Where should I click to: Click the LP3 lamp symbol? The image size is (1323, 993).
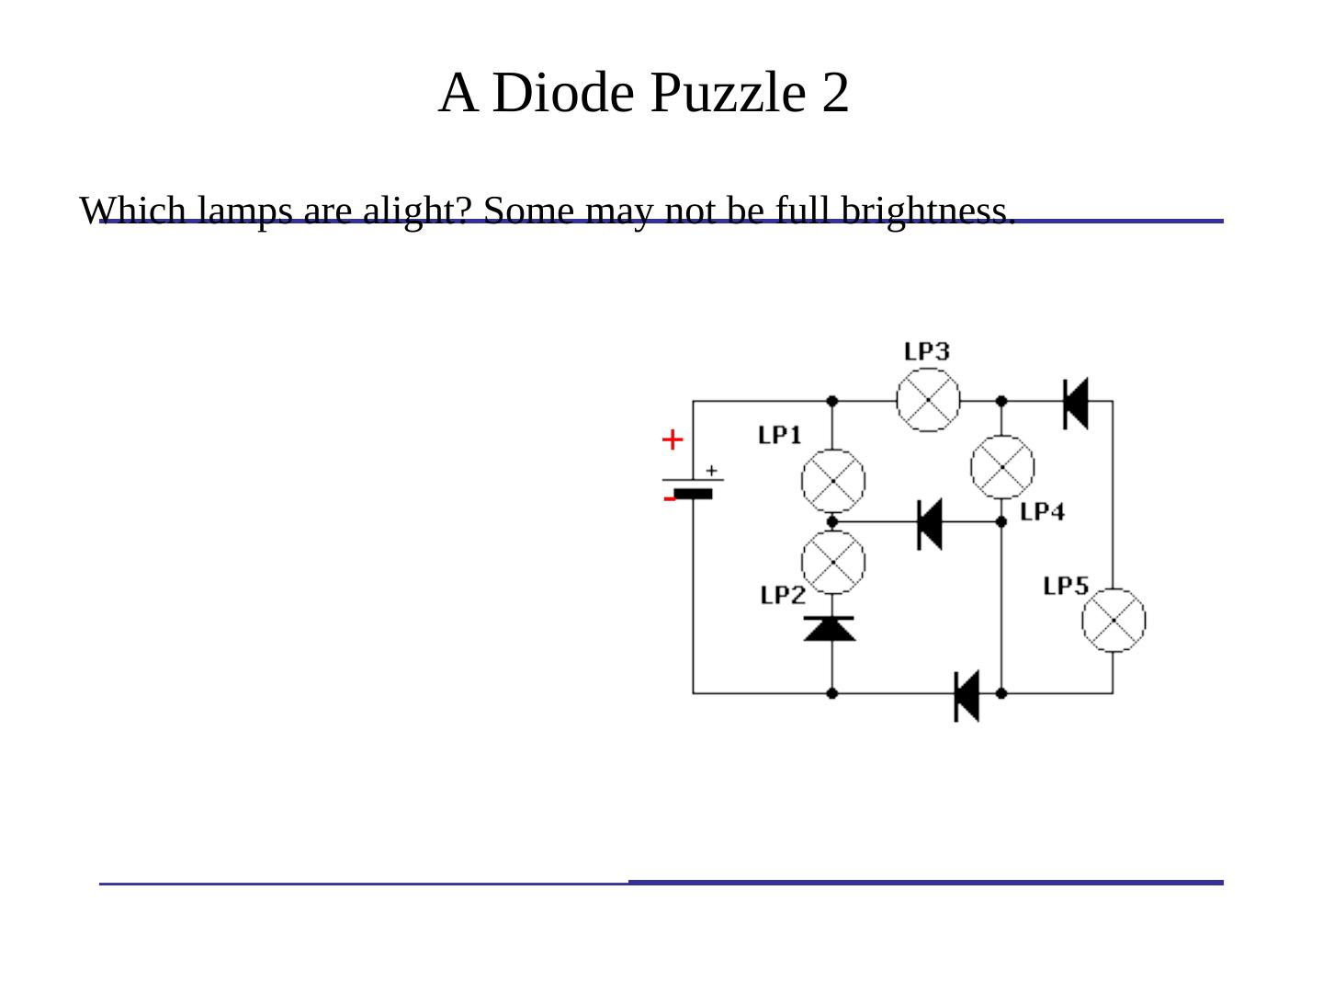pyautogui.click(x=928, y=400)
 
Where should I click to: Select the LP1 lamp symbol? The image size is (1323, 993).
pyautogui.click(x=833, y=481)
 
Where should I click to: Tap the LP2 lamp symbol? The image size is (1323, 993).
pyautogui.click(x=833, y=561)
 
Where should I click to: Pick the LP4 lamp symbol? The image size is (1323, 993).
pyautogui.click(x=1002, y=467)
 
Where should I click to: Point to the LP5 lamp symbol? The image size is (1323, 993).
pyautogui.click(x=1114, y=621)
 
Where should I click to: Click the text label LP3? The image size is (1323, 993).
pyautogui.click(x=926, y=351)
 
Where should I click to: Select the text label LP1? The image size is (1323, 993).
pyautogui.click(x=780, y=435)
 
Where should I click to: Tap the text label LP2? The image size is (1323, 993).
pyautogui.click(x=783, y=595)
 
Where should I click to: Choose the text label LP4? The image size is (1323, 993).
pyautogui.click(x=1043, y=511)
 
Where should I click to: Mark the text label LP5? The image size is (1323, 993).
pyautogui.click(x=1066, y=586)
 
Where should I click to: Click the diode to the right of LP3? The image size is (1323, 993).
pyautogui.click(x=1076, y=403)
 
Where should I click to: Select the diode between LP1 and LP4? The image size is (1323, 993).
pyautogui.click(x=930, y=522)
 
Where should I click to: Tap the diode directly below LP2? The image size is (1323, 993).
pyautogui.click(x=831, y=628)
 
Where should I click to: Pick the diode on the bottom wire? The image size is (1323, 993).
pyautogui.click(x=967, y=695)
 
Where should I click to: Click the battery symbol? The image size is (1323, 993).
pyautogui.click(x=694, y=485)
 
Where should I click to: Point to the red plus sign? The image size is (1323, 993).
pyautogui.click(x=673, y=440)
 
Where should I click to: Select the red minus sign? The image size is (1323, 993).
pyautogui.click(x=669, y=499)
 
